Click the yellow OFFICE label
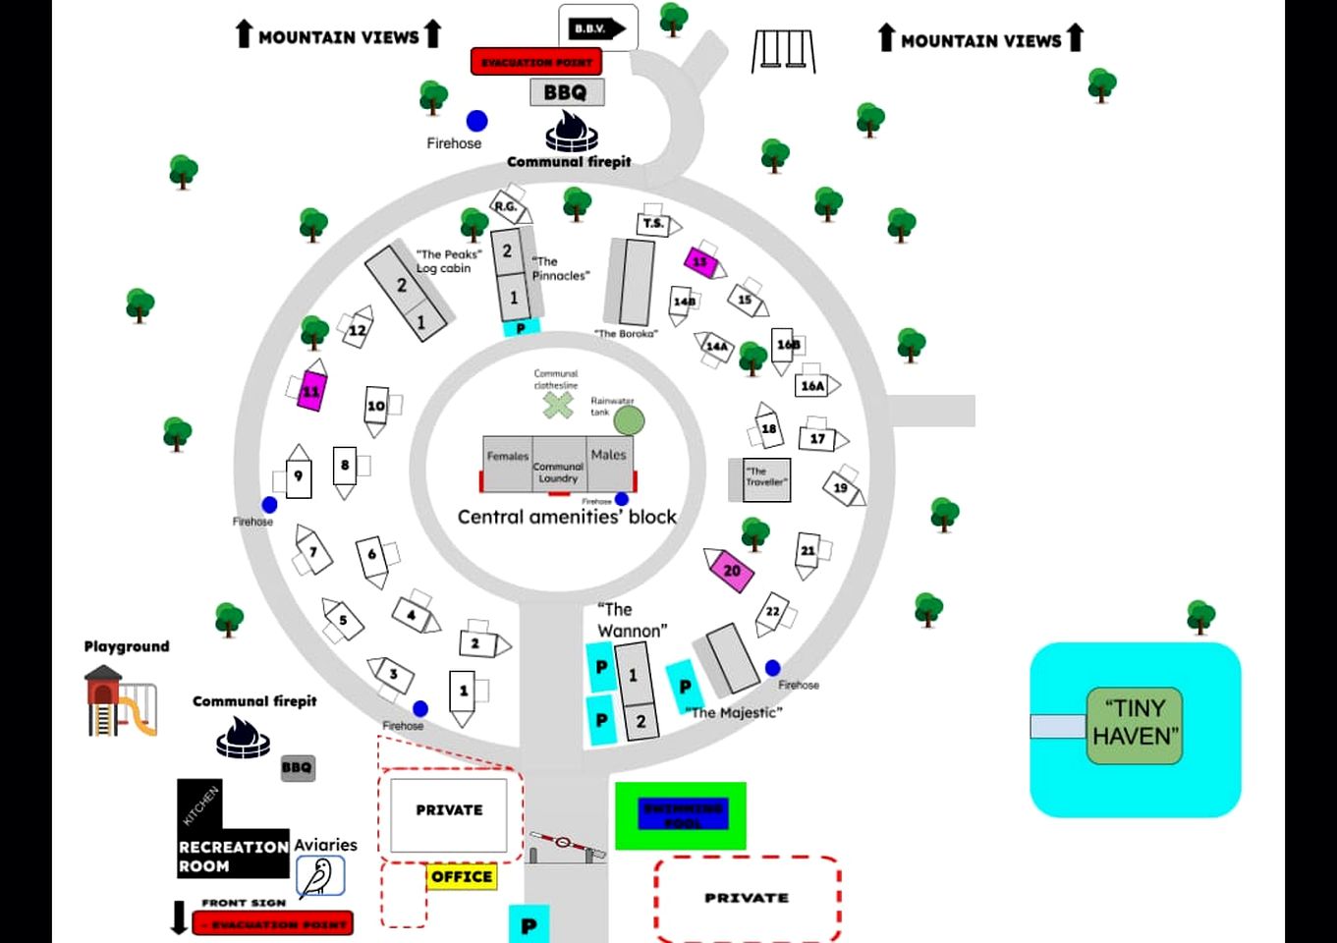(x=462, y=876)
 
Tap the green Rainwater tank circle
(x=630, y=420)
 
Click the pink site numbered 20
(x=731, y=570)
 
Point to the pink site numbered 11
(x=311, y=391)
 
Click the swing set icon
(x=783, y=50)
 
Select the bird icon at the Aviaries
(x=320, y=876)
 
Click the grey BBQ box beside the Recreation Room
(x=297, y=768)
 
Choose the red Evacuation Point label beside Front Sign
(x=273, y=924)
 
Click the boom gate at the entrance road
(x=565, y=844)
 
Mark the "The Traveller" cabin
(x=765, y=479)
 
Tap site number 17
(x=817, y=438)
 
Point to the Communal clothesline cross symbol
(x=558, y=404)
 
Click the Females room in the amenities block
(x=507, y=465)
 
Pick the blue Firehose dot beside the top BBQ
(x=477, y=121)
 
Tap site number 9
(x=299, y=476)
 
